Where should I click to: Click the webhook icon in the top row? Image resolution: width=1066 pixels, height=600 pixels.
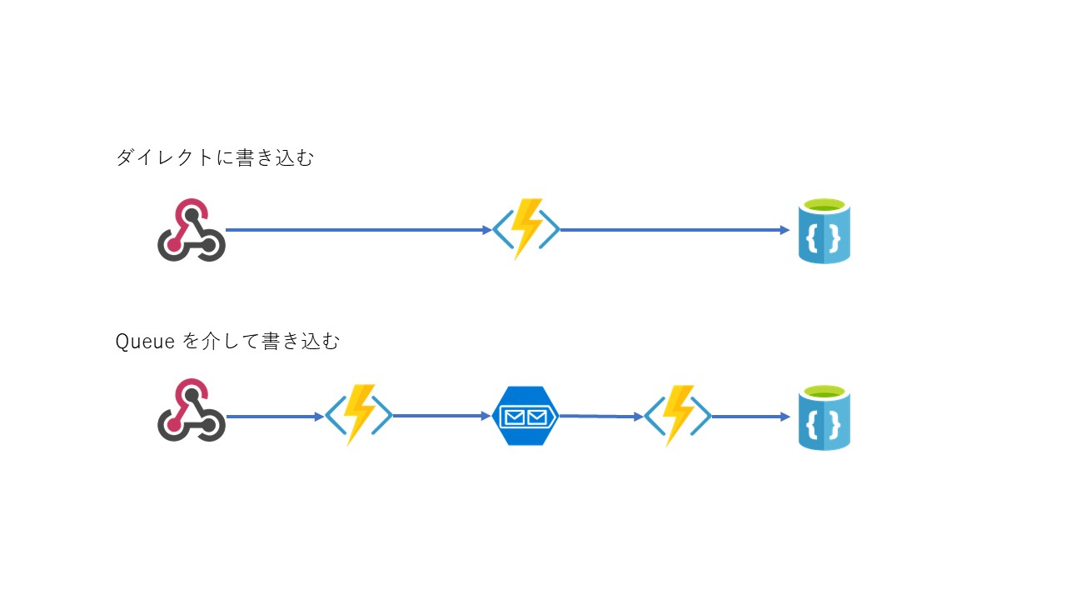pos(192,230)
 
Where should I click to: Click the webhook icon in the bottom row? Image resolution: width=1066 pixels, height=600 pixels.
pos(192,410)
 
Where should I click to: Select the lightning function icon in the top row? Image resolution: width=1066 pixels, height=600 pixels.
pos(526,229)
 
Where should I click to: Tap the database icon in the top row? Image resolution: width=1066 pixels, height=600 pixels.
pos(824,231)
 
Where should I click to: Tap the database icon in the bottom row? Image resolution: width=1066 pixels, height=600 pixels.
pos(824,417)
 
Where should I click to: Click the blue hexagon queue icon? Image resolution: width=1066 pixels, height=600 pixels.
pos(525,416)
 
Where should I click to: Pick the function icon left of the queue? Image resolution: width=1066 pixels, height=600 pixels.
pos(359,414)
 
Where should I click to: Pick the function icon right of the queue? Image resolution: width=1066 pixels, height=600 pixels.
pos(677,415)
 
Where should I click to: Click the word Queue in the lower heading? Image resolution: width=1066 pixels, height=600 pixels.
pos(143,342)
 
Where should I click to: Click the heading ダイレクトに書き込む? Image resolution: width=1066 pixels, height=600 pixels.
pos(214,157)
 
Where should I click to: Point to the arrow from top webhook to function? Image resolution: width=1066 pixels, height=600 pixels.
pos(358,230)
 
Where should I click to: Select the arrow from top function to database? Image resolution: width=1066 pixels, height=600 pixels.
pos(675,230)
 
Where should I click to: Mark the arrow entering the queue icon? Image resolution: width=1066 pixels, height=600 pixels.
pos(441,415)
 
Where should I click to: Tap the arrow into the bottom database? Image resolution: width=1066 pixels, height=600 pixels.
pos(750,416)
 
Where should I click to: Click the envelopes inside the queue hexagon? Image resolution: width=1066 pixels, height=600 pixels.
pos(525,416)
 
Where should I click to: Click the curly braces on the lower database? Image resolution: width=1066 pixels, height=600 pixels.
pos(824,426)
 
